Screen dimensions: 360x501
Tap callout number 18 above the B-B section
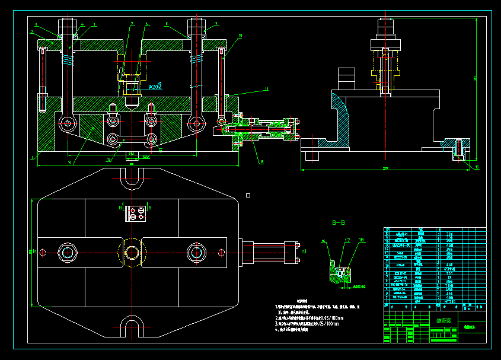pyautogui.click(x=361, y=240)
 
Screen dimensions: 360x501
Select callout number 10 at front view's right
pyautogui.click(x=241, y=36)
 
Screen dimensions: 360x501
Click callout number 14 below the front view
pyautogui.click(x=69, y=162)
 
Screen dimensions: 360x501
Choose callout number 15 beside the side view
pyautogui.click(x=477, y=167)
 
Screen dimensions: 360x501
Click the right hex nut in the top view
pyautogui.click(x=196, y=253)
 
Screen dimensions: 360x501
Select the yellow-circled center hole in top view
pyautogui.click(x=132, y=253)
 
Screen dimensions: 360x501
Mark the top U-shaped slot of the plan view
pyautogui.click(x=132, y=179)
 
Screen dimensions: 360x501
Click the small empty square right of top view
pyautogui.click(x=248, y=195)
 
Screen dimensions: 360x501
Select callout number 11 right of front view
pyautogui.click(x=266, y=89)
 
